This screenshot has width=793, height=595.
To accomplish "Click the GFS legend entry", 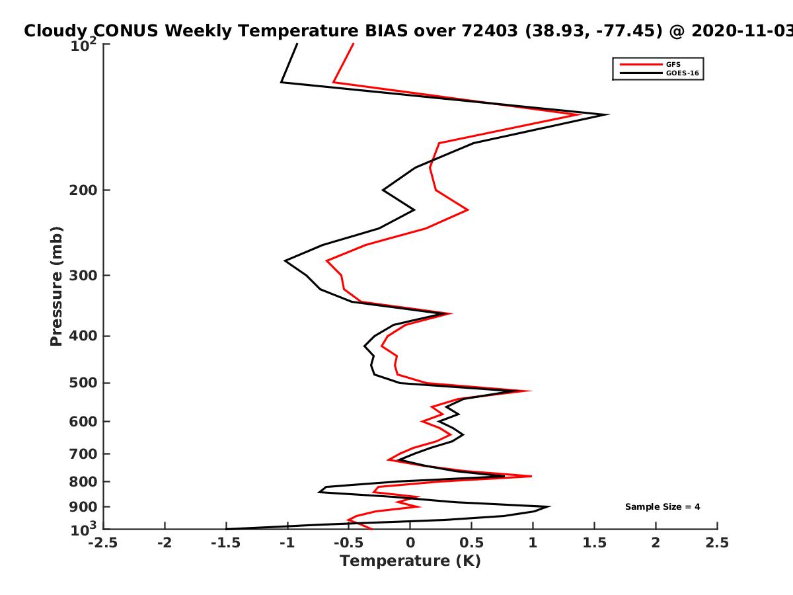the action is coord(650,65).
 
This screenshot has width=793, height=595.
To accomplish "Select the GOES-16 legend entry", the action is coord(660,73).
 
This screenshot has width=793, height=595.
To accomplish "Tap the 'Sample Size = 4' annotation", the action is coord(662,507).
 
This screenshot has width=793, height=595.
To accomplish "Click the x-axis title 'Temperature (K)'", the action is coord(410,561).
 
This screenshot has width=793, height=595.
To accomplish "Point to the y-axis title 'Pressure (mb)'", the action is coord(56,286).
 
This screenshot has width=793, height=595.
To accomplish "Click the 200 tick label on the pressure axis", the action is coord(83,190).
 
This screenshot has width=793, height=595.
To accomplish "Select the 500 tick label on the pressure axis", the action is coord(83,383).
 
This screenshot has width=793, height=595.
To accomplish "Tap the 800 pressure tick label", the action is coord(83,482).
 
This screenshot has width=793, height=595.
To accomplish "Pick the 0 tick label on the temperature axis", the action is coord(410,543).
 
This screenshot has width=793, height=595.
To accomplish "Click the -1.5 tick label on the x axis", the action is coord(226,543).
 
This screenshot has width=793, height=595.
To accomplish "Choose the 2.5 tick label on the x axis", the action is coord(717,543).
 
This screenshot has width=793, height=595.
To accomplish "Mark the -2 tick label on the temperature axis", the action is coord(165,543).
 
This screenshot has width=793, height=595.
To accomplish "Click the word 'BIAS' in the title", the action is coord(385,31).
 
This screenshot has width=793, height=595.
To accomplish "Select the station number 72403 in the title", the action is coord(490,31).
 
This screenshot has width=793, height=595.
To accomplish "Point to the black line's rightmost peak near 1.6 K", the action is coord(609,115).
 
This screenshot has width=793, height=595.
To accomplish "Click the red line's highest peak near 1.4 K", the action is coord(579,115).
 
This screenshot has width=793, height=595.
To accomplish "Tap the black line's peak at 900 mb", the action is coord(549,506).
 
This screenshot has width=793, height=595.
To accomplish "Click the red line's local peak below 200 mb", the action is coord(468,210).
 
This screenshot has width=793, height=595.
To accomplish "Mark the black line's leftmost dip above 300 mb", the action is coord(285,260).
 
